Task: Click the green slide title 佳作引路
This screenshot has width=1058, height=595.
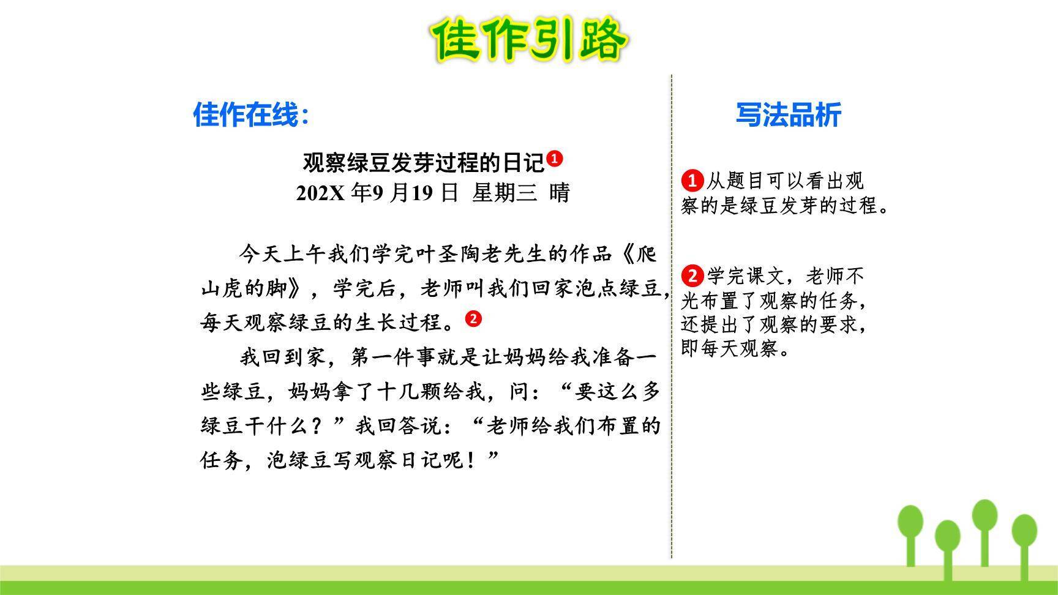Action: click(529, 39)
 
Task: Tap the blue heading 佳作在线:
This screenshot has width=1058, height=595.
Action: click(251, 114)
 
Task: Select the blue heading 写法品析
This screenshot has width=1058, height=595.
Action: click(788, 114)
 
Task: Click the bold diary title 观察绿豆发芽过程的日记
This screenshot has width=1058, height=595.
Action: click(423, 163)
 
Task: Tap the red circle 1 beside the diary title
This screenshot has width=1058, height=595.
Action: click(554, 159)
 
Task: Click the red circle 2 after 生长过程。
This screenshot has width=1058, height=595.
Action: click(473, 318)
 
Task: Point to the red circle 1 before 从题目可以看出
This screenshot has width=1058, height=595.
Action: click(692, 181)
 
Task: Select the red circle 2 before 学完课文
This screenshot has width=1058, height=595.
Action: click(692, 275)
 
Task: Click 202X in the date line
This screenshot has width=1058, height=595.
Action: click(320, 193)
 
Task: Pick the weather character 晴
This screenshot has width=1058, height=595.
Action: click(560, 193)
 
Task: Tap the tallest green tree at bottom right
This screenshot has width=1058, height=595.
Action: click(985, 526)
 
